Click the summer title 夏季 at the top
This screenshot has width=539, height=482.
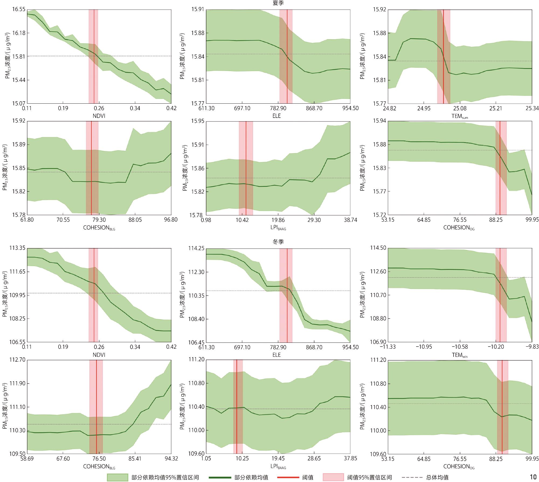click(x=278, y=3)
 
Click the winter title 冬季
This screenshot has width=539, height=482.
click(x=278, y=242)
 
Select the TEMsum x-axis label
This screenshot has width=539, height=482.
click(x=459, y=116)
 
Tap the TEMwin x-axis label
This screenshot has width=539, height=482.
click(x=459, y=355)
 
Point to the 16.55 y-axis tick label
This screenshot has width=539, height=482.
click(x=19, y=10)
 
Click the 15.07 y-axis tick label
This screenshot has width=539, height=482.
click(x=19, y=103)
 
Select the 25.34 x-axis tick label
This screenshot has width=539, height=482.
click(x=532, y=108)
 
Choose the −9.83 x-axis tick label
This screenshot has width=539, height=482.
click(x=532, y=347)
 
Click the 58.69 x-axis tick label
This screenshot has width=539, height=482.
click(x=27, y=459)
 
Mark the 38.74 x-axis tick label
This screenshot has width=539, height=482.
click(x=350, y=220)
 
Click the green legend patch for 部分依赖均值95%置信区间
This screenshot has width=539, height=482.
click(x=118, y=477)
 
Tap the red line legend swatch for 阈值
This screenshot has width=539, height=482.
click(x=288, y=477)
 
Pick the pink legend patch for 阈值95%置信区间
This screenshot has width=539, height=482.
click(x=333, y=477)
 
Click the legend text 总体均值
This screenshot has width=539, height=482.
click(x=437, y=477)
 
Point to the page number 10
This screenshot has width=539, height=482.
click(x=533, y=477)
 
